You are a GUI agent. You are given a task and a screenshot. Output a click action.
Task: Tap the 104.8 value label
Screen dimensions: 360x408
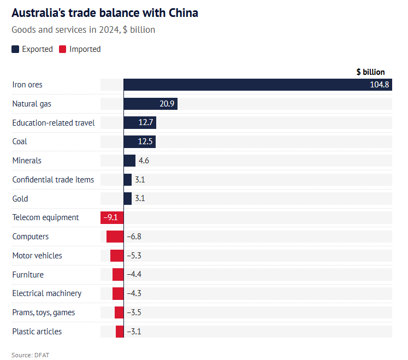coord(379,85)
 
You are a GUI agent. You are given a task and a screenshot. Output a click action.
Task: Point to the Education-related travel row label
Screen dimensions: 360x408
coord(54,122)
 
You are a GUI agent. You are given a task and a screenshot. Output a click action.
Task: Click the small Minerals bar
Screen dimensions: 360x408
coord(129,161)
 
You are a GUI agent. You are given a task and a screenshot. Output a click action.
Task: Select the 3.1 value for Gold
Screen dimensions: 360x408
coord(139,199)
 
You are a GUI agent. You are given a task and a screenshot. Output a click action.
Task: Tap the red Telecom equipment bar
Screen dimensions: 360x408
coord(112,217)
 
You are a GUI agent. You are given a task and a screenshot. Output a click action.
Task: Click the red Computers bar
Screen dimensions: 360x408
coord(115,237)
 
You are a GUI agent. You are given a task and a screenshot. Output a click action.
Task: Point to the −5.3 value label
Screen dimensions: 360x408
coord(134,256)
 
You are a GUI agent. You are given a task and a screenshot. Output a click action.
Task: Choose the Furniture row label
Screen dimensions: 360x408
coord(28,275)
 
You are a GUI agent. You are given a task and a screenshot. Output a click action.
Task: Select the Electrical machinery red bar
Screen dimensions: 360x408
coord(118,293)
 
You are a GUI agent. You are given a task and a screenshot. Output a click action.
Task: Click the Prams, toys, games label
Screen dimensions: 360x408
coord(44,312)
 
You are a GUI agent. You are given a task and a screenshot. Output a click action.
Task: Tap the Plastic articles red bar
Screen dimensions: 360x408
coord(120,332)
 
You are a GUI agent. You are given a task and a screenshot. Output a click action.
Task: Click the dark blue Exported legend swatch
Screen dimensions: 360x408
coord(15,49)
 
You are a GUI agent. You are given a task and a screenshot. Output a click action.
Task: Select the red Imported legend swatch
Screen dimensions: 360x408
coord(62,49)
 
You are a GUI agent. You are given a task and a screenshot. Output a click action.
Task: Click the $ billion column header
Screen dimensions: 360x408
coord(370,72)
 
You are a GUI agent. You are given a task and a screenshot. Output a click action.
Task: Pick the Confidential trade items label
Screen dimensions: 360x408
coord(53,180)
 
